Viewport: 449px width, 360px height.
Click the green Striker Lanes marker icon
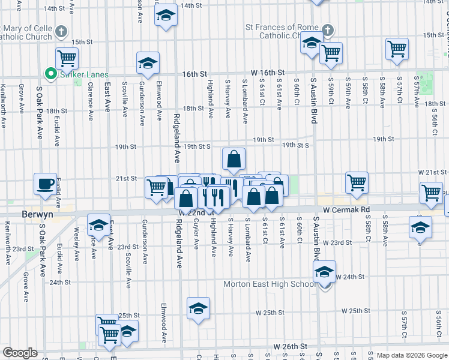52,75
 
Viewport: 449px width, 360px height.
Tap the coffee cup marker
46,184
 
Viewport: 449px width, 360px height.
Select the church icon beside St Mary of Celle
61,31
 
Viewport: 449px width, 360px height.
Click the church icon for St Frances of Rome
327,30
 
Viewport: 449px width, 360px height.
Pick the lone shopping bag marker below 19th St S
234,159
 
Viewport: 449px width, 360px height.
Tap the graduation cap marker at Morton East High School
325,273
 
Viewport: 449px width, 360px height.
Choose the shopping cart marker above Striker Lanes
67,58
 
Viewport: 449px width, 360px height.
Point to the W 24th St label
351,277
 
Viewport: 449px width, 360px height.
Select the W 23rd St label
337,243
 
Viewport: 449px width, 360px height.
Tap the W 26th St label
291,347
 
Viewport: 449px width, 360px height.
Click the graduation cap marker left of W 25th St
199,308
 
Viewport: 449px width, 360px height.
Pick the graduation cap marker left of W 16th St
148,62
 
